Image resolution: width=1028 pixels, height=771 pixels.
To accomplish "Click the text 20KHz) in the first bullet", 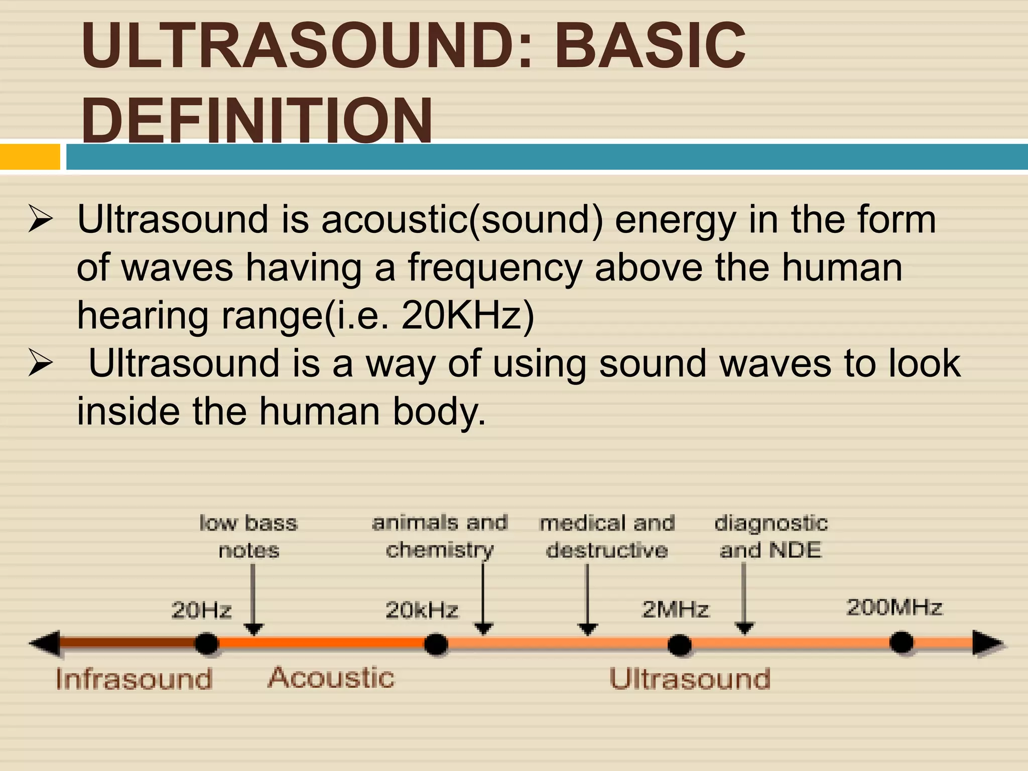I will pos(467,316).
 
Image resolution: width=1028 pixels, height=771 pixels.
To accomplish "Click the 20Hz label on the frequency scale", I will pos(201,610).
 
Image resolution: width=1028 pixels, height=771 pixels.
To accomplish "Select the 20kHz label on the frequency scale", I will pos(422,610).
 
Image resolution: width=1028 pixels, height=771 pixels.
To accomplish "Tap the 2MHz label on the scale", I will pos(675,610).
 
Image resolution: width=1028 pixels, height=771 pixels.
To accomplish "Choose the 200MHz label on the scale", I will pos(894,607).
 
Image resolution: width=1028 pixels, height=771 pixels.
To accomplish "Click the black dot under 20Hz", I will pos(206,644).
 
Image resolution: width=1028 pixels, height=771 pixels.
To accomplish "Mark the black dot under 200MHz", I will pos(902,643).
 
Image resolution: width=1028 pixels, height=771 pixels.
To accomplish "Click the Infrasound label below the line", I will pos(134,679).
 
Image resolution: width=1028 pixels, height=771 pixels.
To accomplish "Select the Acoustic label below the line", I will pos(331,678).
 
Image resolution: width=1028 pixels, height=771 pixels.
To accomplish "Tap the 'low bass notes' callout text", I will pos(248,537).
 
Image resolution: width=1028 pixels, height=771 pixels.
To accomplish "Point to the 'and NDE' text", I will pos(770,550).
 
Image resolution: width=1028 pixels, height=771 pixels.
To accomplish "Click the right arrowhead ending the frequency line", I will pos(988,644).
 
